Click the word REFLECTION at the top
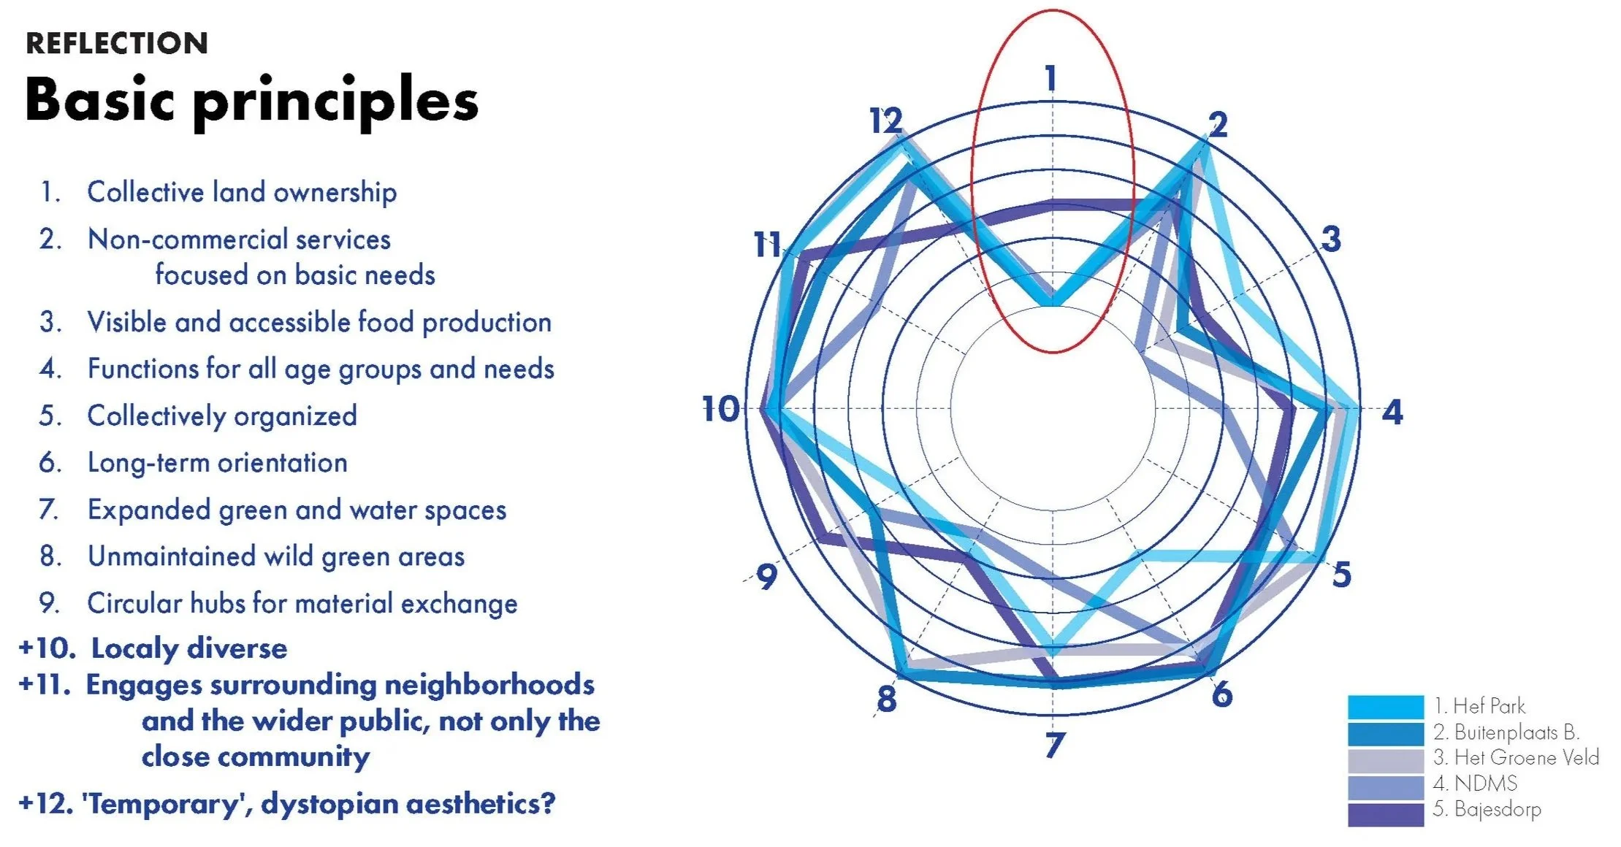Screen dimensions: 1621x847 (117, 44)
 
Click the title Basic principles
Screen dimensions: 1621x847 (251, 100)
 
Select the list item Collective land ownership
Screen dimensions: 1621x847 (241, 192)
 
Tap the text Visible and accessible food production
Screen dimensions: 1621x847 (319, 322)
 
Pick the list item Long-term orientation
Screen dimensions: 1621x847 (217, 463)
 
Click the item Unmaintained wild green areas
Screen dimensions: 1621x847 (275, 556)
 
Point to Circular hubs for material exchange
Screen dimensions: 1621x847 (302, 604)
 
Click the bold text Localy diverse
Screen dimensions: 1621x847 (188, 648)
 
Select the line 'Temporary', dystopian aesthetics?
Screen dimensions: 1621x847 (319, 804)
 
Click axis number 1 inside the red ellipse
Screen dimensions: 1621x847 (1051, 78)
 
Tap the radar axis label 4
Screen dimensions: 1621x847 (1392, 413)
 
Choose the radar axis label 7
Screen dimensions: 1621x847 (1054, 745)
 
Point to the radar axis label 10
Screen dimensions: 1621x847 (720, 409)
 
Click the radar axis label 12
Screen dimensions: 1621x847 (885, 120)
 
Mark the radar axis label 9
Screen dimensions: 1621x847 (766, 577)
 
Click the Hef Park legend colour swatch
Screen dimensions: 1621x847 (1385, 707)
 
